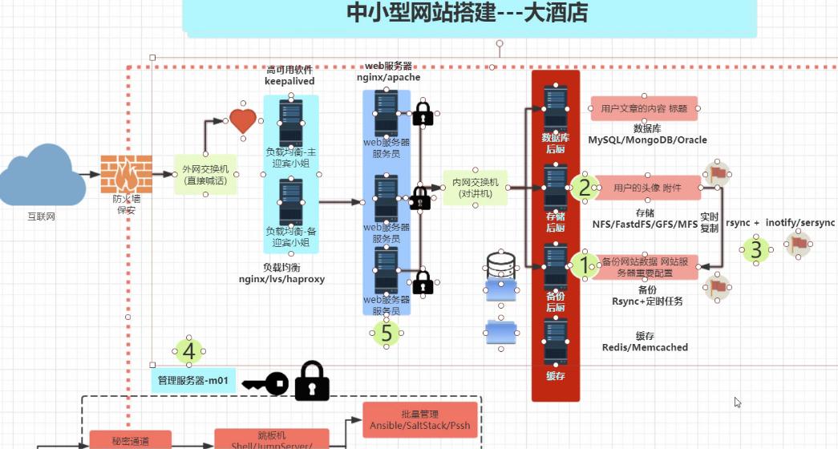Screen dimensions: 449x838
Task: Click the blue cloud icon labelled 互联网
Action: click(x=42, y=176)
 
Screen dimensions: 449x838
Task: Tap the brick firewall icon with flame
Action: click(x=126, y=174)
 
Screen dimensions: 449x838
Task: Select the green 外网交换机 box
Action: click(x=205, y=175)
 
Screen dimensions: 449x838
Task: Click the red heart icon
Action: click(x=243, y=121)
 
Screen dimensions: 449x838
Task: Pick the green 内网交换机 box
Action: click(x=475, y=188)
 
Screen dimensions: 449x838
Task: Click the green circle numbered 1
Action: click(x=585, y=265)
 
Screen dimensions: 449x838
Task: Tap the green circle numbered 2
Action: click(x=585, y=188)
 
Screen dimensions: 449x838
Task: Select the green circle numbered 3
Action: click(x=755, y=250)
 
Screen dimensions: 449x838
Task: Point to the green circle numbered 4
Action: click(x=188, y=351)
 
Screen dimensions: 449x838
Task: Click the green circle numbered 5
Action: click(x=387, y=332)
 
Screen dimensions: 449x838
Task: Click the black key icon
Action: click(x=265, y=384)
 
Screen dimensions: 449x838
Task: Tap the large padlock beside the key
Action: click(x=312, y=381)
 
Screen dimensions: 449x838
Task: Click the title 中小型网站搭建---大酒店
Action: click(x=468, y=13)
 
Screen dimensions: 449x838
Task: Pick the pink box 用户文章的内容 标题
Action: click(x=644, y=108)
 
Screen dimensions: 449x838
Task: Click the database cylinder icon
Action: click(x=500, y=264)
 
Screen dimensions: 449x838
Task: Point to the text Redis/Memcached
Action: click(x=645, y=347)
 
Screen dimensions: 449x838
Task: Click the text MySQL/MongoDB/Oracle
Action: click(x=647, y=140)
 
